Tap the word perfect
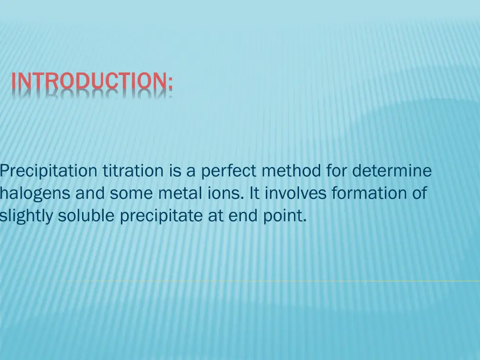click(228, 171)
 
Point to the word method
click(291, 171)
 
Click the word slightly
click(26, 216)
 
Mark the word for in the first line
click(336, 171)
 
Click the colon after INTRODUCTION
click(170, 82)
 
